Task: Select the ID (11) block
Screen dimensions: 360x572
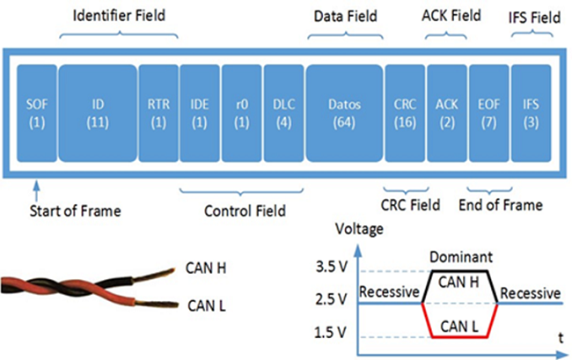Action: [98, 112]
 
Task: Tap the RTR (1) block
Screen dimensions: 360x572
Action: [158, 112]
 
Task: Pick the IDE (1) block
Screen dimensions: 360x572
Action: [199, 112]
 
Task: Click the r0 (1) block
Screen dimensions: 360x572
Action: [240, 112]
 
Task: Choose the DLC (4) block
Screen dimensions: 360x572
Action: [282, 112]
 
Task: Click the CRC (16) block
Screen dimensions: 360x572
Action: [404, 112]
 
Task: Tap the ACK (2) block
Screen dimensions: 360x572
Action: [446, 112]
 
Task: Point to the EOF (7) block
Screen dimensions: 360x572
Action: [488, 112]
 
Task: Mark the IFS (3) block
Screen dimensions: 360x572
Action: [531, 112]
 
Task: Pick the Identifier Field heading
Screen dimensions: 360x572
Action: [120, 15]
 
